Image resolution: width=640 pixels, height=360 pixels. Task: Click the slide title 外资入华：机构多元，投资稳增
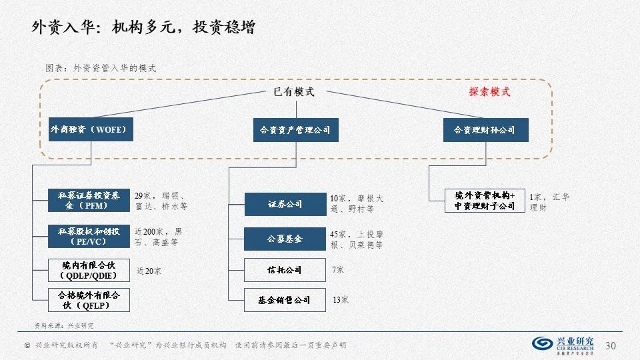143,27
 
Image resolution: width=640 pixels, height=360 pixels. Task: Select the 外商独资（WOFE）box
91,129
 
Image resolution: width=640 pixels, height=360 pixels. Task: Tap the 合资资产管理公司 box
295,129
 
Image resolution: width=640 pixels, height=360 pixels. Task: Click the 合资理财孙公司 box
485,129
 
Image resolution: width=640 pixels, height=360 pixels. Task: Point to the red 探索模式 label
489,92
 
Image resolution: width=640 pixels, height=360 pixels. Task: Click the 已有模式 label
294,92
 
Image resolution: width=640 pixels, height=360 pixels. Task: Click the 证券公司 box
285,204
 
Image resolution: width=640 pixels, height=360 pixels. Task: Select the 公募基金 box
285,239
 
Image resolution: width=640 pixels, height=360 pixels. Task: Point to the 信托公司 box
285,270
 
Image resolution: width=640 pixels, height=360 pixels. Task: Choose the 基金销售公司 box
285,300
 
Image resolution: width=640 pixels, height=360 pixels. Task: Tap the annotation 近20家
149,271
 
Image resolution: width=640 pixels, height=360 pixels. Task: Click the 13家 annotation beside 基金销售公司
340,301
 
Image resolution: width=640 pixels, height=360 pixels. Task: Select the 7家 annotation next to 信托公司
338,270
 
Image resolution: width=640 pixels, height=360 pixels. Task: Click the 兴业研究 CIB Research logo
564,345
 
